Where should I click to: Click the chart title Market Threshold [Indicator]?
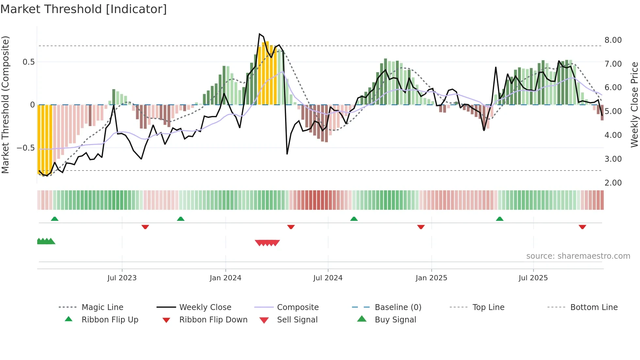pyautogui.click(x=84, y=9)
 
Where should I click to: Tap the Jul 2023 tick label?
pyautogui.click(x=122, y=278)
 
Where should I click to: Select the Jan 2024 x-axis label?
pyautogui.click(x=225, y=278)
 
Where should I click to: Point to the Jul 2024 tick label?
pyautogui.click(x=328, y=278)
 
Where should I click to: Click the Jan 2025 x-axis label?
pyautogui.click(x=431, y=278)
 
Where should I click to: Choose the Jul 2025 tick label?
pyautogui.click(x=533, y=278)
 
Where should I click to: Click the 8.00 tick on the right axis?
pyautogui.click(x=613, y=40)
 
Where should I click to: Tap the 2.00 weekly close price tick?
pyautogui.click(x=613, y=183)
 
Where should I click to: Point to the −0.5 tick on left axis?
pyautogui.click(x=25, y=148)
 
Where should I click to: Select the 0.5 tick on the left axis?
pyautogui.click(x=28, y=62)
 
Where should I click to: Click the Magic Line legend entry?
pyautogui.click(x=102, y=307)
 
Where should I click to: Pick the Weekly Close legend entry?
pyautogui.click(x=205, y=307)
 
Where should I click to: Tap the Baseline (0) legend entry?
pyautogui.click(x=398, y=307)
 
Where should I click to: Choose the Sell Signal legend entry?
pyautogui.click(x=297, y=320)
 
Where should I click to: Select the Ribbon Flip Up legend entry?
pyautogui.click(x=110, y=320)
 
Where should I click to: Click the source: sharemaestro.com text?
pyautogui.click(x=578, y=256)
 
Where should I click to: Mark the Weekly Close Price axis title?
pyautogui.click(x=634, y=105)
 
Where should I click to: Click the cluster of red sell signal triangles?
pyautogui.click(x=267, y=243)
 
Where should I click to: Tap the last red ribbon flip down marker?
pyautogui.click(x=582, y=227)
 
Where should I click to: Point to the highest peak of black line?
pyautogui.click(x=260, y=34)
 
